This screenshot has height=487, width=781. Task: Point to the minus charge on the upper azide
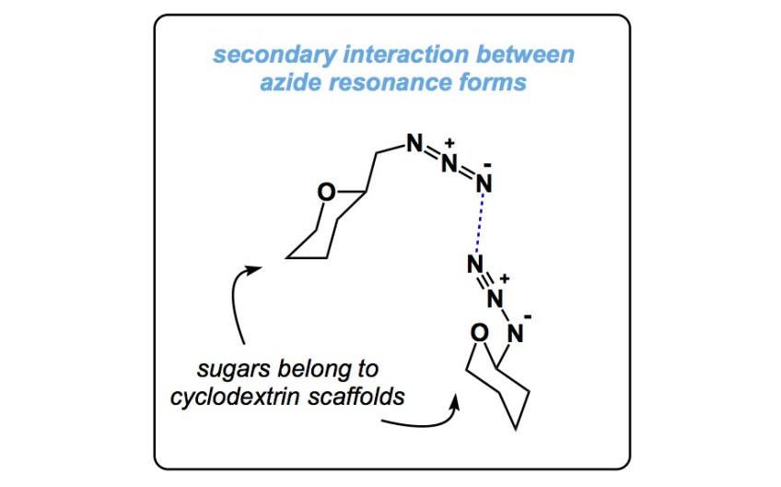pyautogui.click(x=487, y=166)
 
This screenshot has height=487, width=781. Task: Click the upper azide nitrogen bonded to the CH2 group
pyautogui.click(x=414, y=145)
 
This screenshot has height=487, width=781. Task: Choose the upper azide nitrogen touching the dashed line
pyautogui.click(x=484, y=184)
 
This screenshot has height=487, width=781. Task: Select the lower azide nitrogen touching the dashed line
pyautogui.click(x=474, y=265)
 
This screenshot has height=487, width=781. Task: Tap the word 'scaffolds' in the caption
pyautogui.click(x=366, y=397)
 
